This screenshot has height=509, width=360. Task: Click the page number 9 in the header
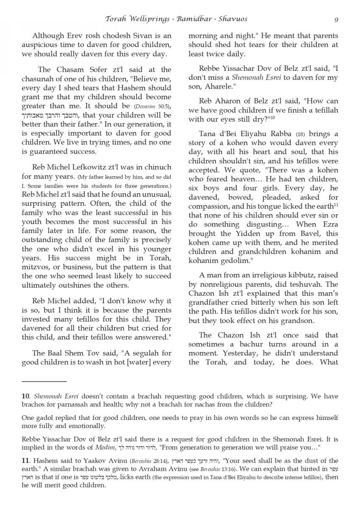pyautogui.click(x=336, y=19)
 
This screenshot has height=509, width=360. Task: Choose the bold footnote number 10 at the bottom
pyautogui.click(x=25, y=397)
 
